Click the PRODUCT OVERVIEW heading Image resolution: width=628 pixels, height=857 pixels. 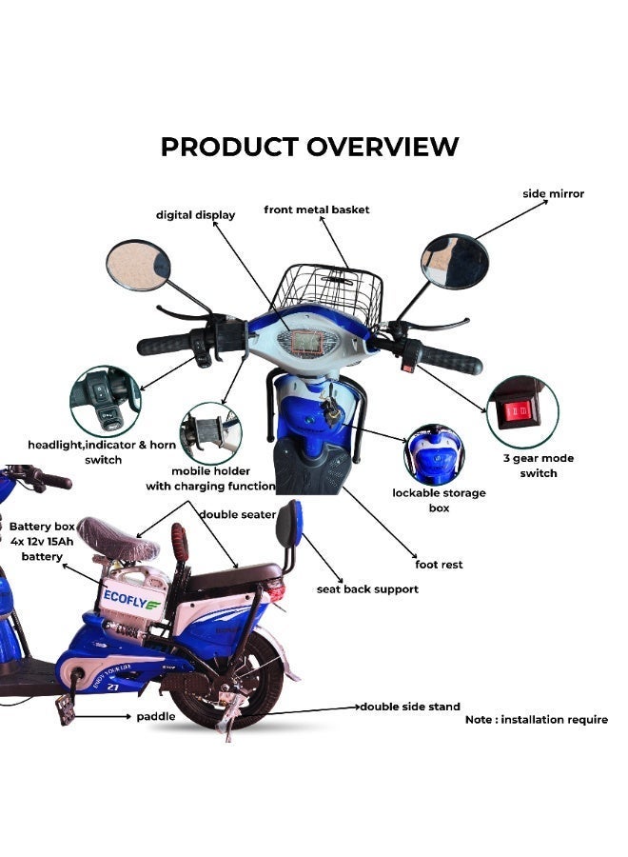coord(309,147)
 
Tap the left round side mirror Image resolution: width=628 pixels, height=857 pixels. coord(138,266)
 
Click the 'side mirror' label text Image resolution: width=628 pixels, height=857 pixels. coord(554,194)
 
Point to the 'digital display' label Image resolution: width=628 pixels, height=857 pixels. coord(195,215)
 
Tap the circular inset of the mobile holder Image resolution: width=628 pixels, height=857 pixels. coord(210,433)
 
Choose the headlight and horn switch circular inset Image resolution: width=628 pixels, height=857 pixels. coord(104,401)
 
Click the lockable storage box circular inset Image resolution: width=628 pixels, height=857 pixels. coord(435,454)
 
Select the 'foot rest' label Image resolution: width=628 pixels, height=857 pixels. coord(439,565)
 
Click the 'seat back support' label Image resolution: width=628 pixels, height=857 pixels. coord(367,589)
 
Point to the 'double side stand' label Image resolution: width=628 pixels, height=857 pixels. coord(409,708)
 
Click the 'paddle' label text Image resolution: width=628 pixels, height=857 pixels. coord(155,717)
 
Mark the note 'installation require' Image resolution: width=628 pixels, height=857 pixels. coord(537,720)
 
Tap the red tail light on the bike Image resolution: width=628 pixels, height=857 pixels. coord(278,592)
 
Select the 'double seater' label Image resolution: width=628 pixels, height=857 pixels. coord(238,514)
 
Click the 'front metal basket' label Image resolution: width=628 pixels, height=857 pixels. coord(317,209)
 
